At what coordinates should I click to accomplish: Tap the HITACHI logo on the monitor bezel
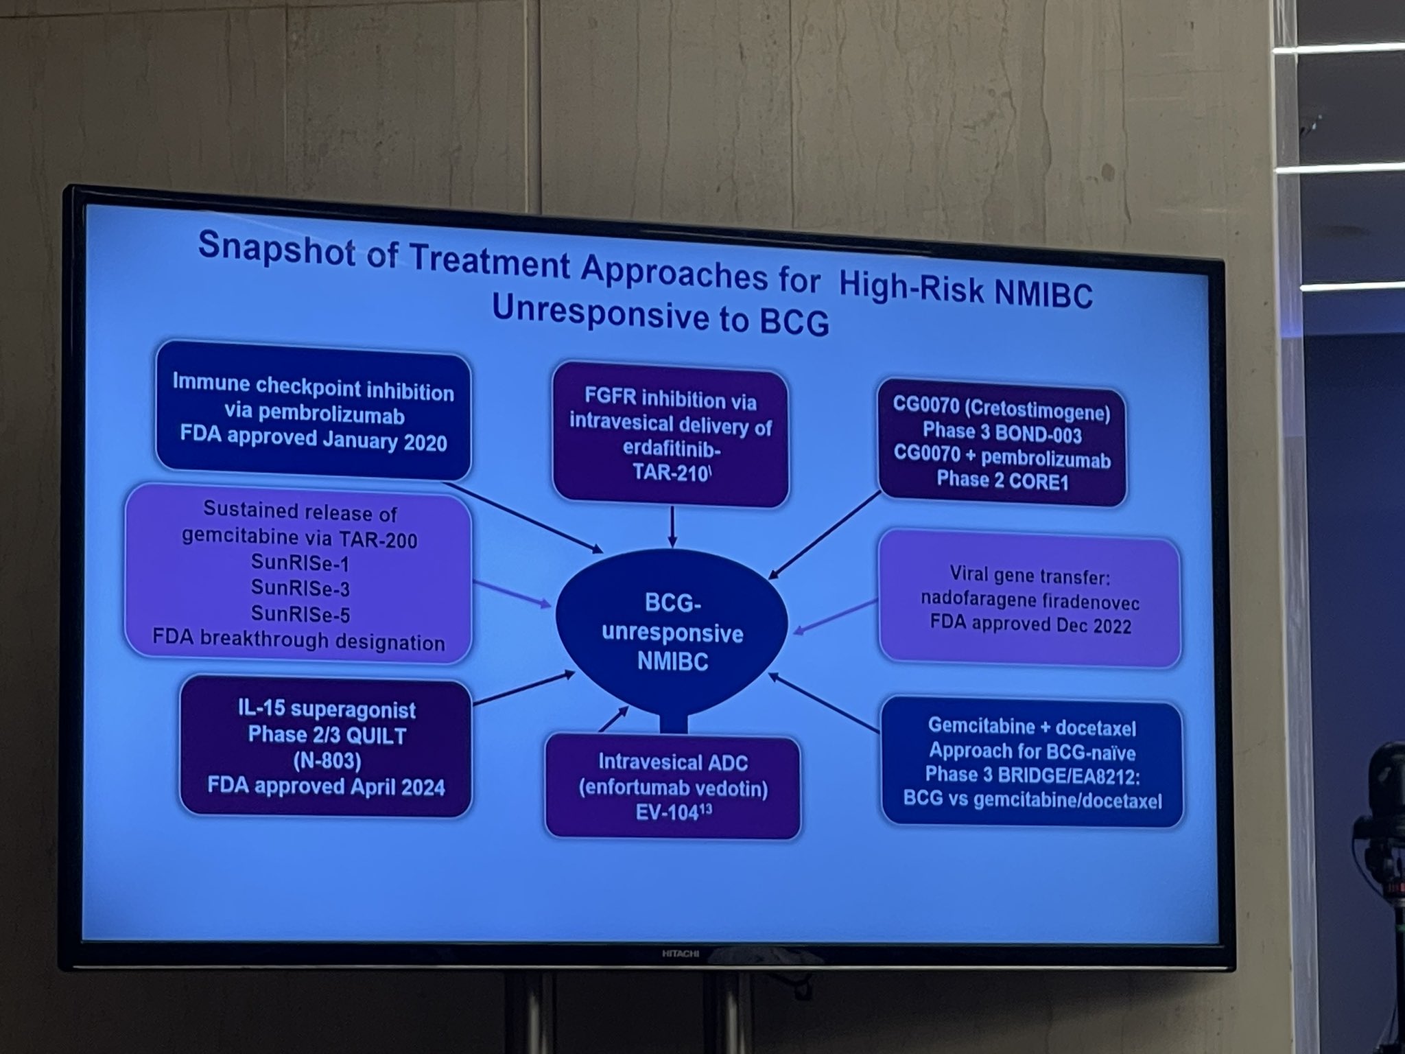click(x=680, y=953)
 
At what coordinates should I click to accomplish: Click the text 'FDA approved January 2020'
click(x=314, y=438)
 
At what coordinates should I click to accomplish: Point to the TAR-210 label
click(x=670, y=474)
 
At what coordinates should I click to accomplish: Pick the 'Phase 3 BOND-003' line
click(x=1002, y=434)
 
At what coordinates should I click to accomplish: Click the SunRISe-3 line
click(x=300, y=587)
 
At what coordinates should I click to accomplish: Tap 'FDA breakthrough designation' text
click(x=298, y=641)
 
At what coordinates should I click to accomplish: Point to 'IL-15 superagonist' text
click(x=322, y=709)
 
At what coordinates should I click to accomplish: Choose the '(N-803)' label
click(x=324, y=760)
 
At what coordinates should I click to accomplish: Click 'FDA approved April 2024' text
click(x=327, y=785)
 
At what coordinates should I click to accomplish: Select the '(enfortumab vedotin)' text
click(x=673, y=788)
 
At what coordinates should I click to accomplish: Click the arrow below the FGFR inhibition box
click(x=672, y=527)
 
